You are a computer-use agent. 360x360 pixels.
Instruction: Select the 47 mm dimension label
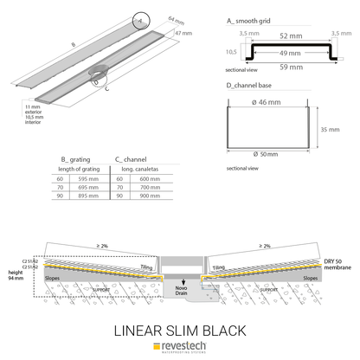tap(183, 32)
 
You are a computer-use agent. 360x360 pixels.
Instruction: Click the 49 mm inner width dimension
tap(278, 52)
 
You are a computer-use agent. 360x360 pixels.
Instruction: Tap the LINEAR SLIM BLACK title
tap(179, 329)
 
